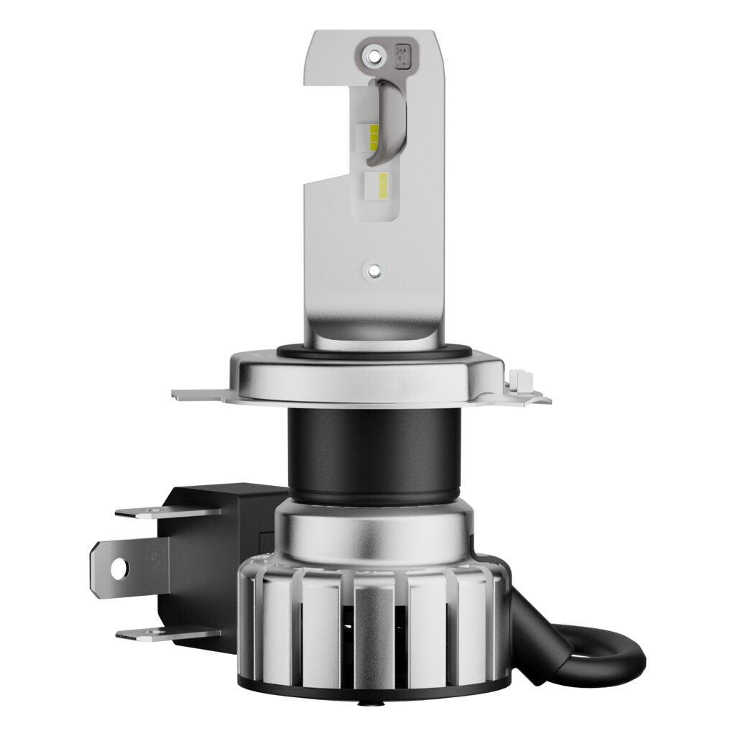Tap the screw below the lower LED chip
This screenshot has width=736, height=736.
click(x=373, y=270)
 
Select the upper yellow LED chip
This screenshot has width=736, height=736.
click(x=374, y=136)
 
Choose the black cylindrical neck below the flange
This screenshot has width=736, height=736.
click(x=373, y=449)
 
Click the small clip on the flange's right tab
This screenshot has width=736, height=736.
click(x=519, y=379)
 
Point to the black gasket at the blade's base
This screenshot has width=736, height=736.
click(x=373, y=353)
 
